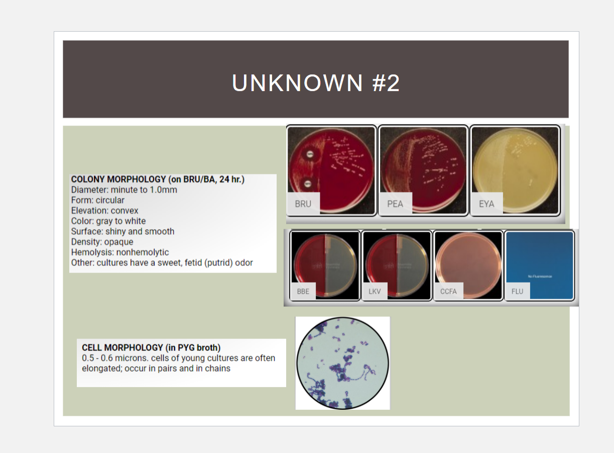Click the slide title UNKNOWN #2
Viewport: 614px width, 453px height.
pyautogui.click(x=316, y=83)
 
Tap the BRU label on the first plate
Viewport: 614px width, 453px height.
pyautogui.click(x=303, y=204)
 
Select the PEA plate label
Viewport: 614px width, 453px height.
pyautogui.click(x=395, y=204)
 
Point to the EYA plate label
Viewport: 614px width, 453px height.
pyautogui.click(x=486, y=204)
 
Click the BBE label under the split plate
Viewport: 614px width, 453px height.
pyautogui.click(x=303, y=291)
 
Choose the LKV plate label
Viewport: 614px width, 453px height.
pyautogui.click(x=375, y=291)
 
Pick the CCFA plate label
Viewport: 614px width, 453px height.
pyautogui.click(x=448, y=291)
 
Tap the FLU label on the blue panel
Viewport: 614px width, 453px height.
pyautogui.click(x=517, y=291)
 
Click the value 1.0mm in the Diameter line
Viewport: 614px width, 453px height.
pyautogui.click(x=164, y=190)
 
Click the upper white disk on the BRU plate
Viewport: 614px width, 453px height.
pyautogui.click(x=310, y=153)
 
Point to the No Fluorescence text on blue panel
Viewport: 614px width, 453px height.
pyautogui.click(x=540, y=277)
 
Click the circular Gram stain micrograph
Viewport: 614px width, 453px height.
pyautogui.click(x=343, y=363)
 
